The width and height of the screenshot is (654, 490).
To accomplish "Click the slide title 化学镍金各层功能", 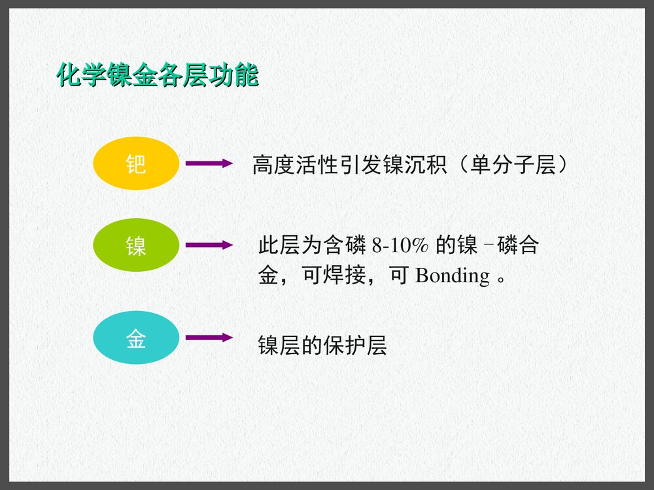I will click(158, 75).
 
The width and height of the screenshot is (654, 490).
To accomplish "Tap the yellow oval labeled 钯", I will click(136, 163).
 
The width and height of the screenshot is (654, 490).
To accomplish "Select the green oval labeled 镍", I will click(136, 245).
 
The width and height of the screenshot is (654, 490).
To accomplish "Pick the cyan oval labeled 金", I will click(136, 338).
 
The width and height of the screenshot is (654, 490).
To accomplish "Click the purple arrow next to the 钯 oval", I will click(209, 163).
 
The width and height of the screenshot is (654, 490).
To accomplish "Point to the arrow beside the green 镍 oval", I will click(209, 246).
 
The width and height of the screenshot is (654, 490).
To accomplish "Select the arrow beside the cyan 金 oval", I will click(209, 338).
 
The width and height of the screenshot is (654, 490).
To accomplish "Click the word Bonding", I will click(453, 276).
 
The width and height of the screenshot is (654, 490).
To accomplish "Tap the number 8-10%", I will click(400, 246).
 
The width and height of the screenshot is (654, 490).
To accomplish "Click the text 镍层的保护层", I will click(322, 346).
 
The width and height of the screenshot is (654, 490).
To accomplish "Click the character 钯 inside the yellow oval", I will click(136, 164).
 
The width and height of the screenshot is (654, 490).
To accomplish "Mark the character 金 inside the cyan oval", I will click(136, 339).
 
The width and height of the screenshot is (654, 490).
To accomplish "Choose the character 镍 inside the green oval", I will click(136, 246).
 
